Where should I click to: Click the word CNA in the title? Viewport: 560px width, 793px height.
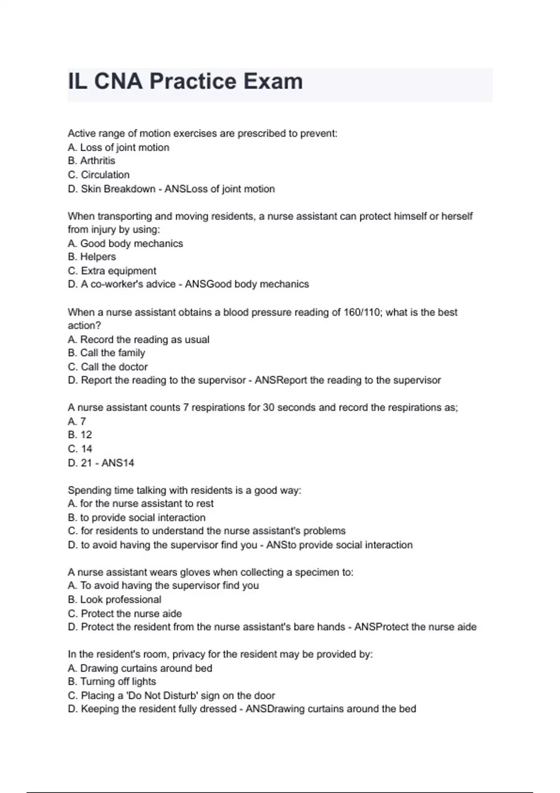click(119, 82)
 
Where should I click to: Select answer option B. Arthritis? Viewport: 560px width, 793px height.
click(91, 161)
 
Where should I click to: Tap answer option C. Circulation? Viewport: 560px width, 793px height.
click(99, 175)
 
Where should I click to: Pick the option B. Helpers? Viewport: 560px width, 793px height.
click(92, 257)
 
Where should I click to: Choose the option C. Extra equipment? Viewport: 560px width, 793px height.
click(112, 271)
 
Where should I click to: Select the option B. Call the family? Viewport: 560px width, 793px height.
click(106, 353)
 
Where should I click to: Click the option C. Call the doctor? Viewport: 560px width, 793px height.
click(108, 367)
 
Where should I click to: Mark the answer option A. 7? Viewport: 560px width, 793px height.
click(77, 422)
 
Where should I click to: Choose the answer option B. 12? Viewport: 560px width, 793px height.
click(80, 435)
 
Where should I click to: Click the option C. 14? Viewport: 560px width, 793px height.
click(80, 449)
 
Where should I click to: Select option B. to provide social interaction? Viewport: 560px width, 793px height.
click(137, 518)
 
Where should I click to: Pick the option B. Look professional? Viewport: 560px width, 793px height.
click(114, 600)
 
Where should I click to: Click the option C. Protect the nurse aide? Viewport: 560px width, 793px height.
click(125, 614)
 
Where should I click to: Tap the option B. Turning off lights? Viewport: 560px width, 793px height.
click(112, 682)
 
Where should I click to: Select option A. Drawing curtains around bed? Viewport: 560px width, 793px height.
click(140, 668)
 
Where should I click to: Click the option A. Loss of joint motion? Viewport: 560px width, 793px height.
click(119, 148)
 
